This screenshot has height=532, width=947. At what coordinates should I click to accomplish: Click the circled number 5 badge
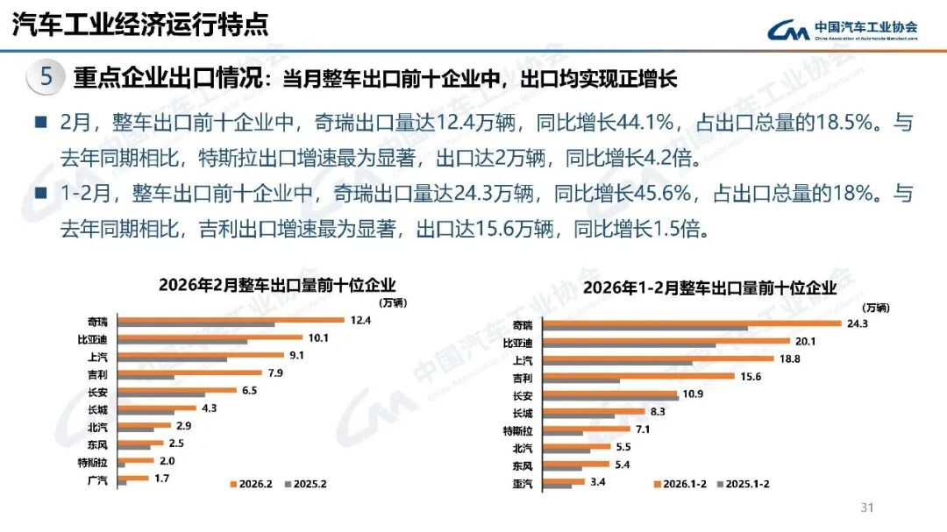(46, 77)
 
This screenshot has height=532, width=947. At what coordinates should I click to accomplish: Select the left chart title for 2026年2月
(277, 285)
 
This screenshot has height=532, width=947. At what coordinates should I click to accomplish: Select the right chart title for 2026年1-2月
(710, 287)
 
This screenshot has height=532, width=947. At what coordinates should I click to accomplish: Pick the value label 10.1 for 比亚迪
(318, 337)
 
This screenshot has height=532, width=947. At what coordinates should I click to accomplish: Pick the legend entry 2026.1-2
(684, 484)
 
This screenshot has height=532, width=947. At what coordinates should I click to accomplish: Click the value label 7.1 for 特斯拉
(643, 429)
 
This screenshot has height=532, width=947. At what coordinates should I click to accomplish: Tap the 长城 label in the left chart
(97, 408)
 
